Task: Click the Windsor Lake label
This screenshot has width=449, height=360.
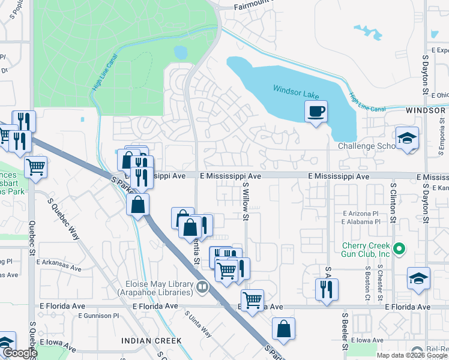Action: pos(296,89)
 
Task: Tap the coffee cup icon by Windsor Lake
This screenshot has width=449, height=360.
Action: pos(316,111)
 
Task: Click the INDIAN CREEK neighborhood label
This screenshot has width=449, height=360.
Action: pos(151,340)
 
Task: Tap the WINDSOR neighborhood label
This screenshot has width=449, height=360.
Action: pos(426,110)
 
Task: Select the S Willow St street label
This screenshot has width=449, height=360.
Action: pos(246,203)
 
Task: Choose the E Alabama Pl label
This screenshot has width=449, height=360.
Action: pos(360,221)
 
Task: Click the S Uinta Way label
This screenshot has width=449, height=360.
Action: pos(197,325)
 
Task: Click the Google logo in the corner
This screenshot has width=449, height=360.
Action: pos(19,353)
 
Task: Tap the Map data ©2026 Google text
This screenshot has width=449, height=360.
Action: pos(411,355)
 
